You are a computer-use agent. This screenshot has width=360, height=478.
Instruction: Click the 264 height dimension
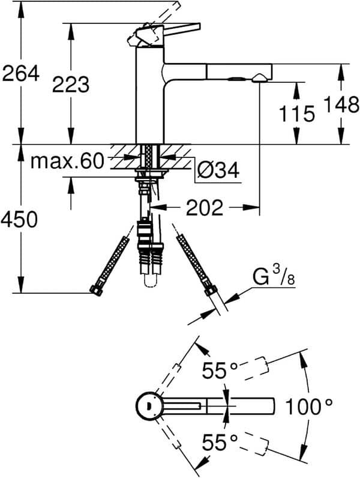tap(21, 74)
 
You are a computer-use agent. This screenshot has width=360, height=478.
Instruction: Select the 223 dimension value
tap(70, 85)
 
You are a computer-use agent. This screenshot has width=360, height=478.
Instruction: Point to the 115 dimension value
tap(296, 113)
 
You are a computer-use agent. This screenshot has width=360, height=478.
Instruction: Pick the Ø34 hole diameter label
tap(218, 171)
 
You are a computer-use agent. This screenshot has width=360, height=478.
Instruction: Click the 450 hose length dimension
tap(21, 220)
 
